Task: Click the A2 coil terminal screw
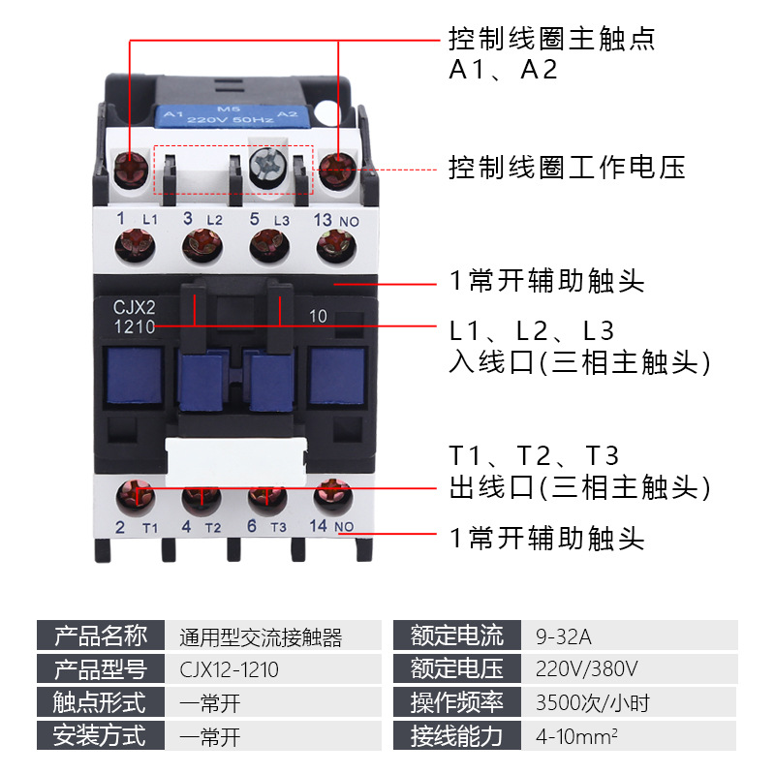(338, 171)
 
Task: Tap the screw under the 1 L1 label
(134, 245)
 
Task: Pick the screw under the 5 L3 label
(267, 244)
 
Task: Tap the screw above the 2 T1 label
(134, 497)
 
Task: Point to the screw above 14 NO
(332, 495)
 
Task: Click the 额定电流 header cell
(457, 636)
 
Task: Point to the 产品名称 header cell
(100, 636)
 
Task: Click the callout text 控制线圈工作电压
(566, 168)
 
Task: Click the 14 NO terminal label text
(335, 527)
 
